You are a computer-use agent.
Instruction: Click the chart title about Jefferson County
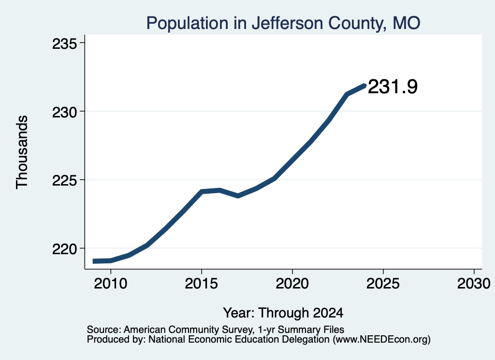coord(283,23)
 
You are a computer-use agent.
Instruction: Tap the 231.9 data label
coord(393,86)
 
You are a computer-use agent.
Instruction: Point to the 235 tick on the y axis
coord(65,43)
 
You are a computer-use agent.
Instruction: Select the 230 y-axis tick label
coord(65,112)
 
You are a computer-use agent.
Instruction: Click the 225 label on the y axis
coord(65,180)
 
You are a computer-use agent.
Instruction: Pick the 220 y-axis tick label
coord(65,249)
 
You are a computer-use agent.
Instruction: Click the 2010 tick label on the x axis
coord(111,283)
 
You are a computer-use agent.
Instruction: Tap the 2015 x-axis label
coord(202,283)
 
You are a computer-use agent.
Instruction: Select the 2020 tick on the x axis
coord(292,283)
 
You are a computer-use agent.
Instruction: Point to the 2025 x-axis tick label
coord(383,283)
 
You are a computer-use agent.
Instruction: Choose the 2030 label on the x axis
coord(474,283)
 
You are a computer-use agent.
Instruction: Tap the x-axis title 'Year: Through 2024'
coord(283,313)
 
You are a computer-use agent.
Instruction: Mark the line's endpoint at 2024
coord(365,85)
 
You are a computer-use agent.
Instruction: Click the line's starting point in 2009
coord(93,261)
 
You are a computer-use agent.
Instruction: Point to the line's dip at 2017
coord(238,196)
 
